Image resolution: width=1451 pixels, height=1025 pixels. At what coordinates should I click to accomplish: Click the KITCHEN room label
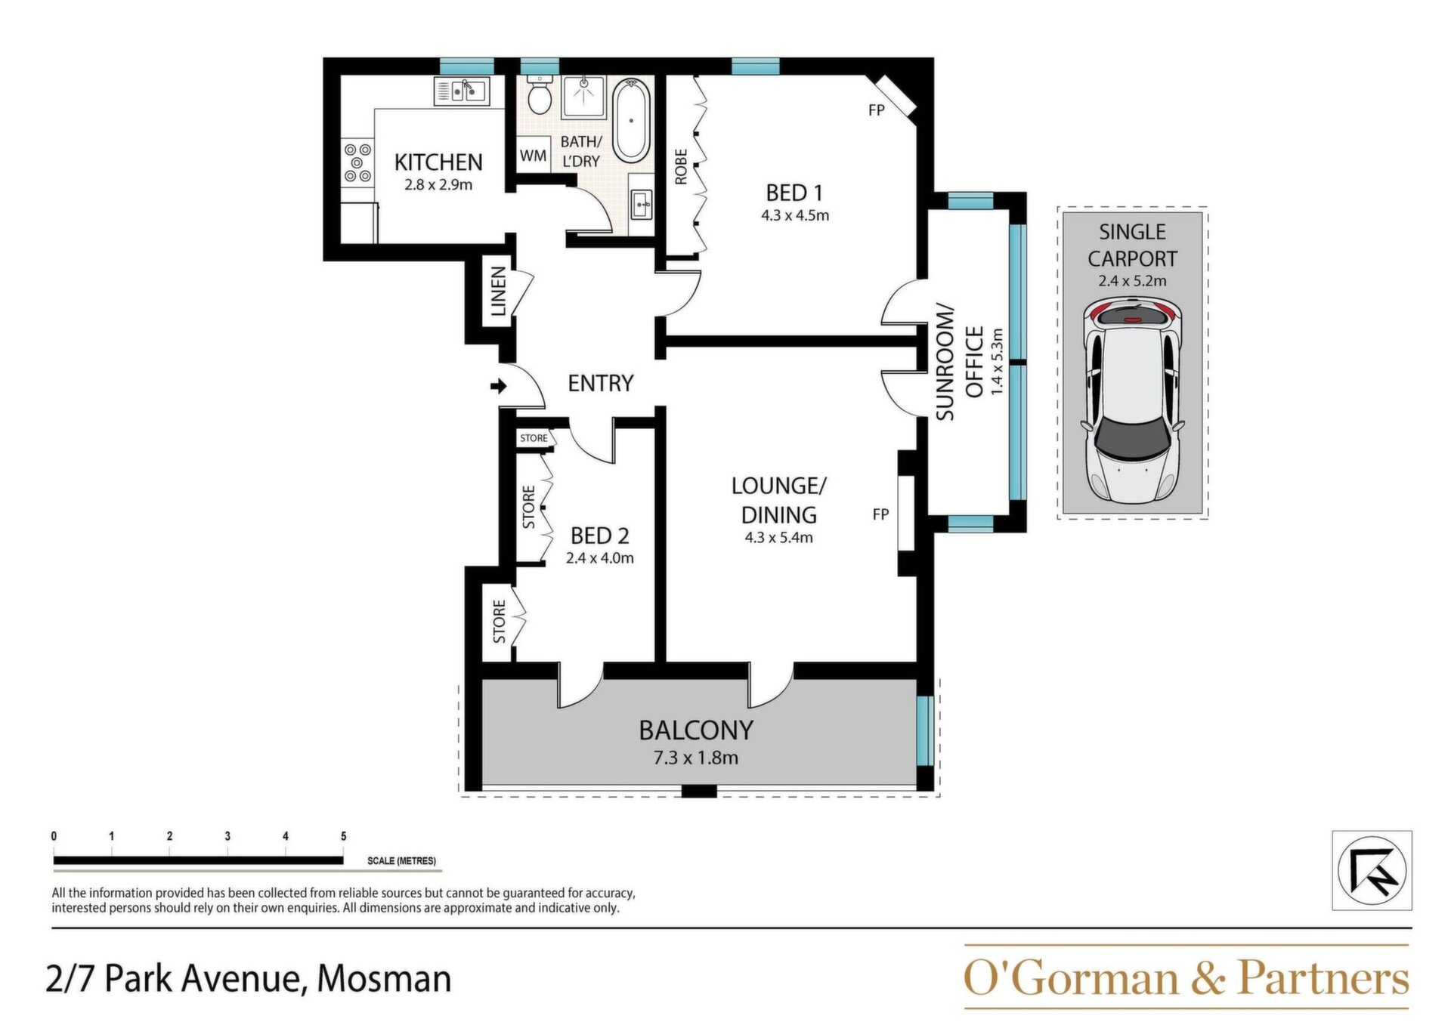[438, 162]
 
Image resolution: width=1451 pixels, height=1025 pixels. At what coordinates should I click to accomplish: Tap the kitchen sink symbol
[462, 91]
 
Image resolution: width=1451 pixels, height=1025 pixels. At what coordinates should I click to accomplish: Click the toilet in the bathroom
[539, 95]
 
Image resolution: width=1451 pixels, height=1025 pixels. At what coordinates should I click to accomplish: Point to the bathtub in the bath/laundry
[630, 120]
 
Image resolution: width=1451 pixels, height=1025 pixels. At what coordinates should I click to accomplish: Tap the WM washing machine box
[533, 156]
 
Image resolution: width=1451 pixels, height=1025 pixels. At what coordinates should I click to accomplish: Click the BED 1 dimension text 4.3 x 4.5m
[795, 215]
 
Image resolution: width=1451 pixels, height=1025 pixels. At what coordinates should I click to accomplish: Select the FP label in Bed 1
[877, 110]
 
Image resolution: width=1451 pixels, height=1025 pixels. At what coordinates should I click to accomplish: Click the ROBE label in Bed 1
[681, 167]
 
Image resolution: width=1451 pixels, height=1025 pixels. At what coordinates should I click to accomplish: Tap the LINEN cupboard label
[498, 292]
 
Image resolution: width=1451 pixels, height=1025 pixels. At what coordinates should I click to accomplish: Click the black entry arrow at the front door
[499, 387]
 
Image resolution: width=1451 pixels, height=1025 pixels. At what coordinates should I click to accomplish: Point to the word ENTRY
[601, 383]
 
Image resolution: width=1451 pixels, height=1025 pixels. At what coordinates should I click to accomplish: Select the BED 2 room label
[600, 536]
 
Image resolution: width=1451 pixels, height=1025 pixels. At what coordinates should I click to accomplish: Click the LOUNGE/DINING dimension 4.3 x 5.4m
[779, 538]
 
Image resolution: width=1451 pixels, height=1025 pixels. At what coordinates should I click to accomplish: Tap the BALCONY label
[696, 730]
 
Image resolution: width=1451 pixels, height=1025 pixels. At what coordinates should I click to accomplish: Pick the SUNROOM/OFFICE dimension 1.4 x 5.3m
[997, 362]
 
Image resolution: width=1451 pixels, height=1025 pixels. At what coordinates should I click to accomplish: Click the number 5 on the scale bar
[344, 836]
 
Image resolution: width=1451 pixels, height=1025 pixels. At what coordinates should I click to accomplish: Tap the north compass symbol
[1372, 870]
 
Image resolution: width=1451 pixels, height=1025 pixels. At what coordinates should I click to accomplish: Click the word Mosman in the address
[384, 979]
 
